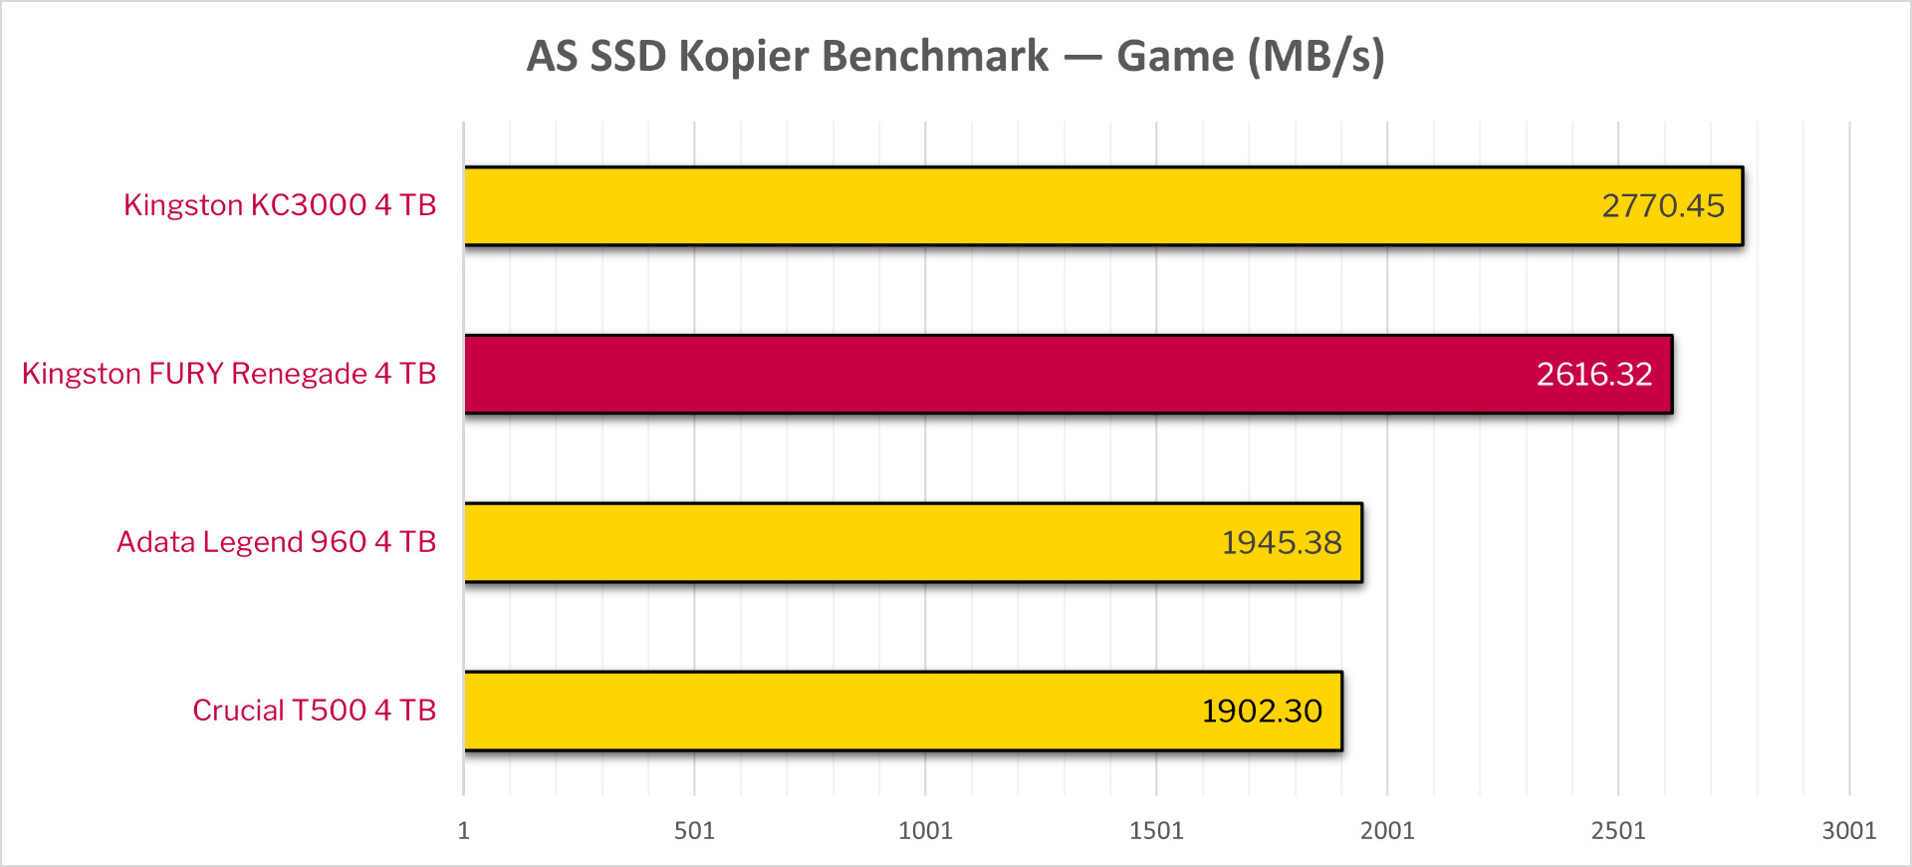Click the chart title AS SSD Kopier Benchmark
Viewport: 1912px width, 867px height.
[955, 57]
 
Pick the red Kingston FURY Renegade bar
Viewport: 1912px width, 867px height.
[996, 374]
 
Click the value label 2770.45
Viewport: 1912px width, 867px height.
[1662, 205]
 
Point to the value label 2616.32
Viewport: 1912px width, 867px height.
[1593, 374]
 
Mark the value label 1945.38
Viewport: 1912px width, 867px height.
[1282, 542]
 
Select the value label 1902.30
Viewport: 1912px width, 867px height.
[1262, 711]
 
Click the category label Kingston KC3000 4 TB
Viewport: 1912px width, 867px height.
[280, 205]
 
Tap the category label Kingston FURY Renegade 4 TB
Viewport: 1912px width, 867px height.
[229, 374]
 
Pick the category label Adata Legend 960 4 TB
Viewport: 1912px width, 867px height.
[276, 542]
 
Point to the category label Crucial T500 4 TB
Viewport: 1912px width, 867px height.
[314, 711]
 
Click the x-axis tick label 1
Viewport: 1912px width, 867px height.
[463, 831]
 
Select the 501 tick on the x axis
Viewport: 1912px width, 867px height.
[694, 831]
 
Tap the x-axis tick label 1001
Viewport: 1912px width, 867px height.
[925, 831]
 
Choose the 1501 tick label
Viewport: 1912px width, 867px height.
[1156, 831]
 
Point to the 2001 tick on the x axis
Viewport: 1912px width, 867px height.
[1387, 831]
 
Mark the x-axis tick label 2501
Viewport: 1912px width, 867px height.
[1618, 831]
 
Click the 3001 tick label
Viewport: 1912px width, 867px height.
[1849, 831]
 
